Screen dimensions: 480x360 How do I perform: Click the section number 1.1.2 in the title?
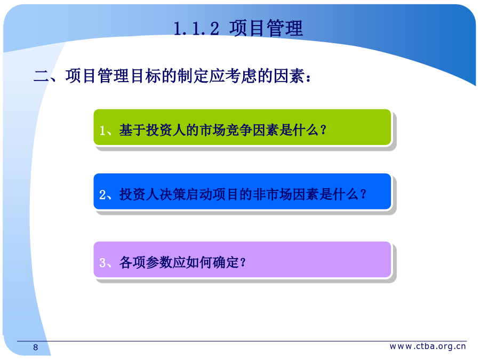pos(196,29)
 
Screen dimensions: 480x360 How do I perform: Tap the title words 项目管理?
pos(266,28)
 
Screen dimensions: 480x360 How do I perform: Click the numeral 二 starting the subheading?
pos(41,76)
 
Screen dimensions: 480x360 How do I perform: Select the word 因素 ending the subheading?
pos(289,76)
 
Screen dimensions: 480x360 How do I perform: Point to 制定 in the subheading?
pos(193,76)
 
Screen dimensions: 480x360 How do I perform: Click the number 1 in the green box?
pos(102,131)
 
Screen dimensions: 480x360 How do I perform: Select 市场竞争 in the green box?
pos(226,130)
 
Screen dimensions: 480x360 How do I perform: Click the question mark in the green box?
pos(323,130)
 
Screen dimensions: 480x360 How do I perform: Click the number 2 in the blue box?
pos(103,195)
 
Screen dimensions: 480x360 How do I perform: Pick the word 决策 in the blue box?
pos(172,194)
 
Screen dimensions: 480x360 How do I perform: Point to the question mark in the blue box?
pos(363,194)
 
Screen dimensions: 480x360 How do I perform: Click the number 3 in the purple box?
pos(103,263)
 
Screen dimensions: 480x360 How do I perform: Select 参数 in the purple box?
pos(159,262)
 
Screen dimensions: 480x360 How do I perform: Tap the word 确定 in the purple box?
pos(226,262)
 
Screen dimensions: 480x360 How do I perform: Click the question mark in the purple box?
pos(243,262)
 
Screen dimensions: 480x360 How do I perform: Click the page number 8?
pos(36,347)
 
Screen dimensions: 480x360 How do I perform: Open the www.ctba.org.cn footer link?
pos(428,346)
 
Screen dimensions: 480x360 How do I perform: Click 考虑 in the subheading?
pos(241,76)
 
